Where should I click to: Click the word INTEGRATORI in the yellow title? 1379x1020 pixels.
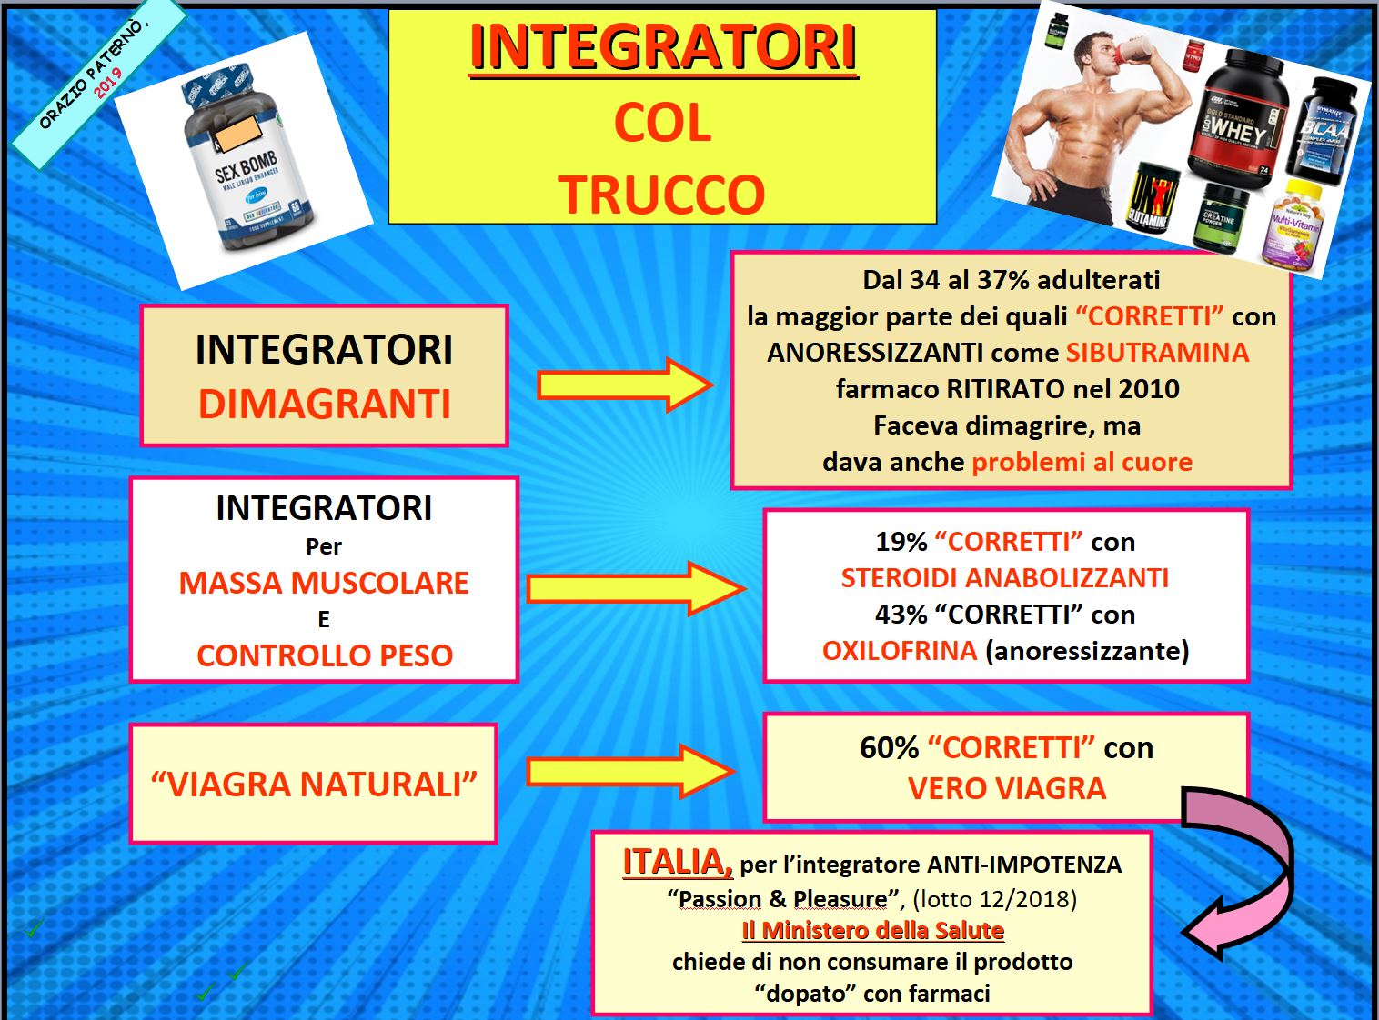663,48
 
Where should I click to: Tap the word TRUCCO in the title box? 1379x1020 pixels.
661,195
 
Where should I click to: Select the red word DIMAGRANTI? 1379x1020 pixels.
324,404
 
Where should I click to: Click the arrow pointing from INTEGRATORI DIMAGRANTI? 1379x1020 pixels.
625,385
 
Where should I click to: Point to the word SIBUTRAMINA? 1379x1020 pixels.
1158,353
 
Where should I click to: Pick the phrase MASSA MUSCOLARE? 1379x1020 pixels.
324,583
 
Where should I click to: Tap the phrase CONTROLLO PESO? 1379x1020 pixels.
325,655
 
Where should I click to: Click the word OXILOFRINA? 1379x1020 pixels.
900,651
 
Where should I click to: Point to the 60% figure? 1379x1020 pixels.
889,748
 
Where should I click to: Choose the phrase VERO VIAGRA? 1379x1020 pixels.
1007,789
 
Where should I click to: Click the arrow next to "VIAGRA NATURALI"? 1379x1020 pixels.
630,772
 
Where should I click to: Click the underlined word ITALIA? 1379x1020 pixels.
678,862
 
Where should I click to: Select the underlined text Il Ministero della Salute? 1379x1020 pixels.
873,931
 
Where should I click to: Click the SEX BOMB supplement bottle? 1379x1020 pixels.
248,158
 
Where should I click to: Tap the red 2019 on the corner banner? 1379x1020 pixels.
108,82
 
